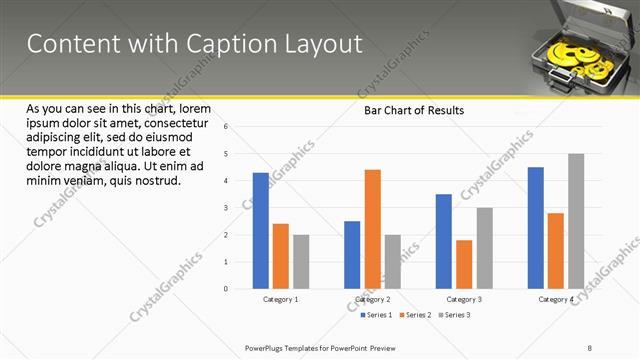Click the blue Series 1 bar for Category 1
pos(261,231)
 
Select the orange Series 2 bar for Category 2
pos(372,229)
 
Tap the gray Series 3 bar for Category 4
pos(576,221)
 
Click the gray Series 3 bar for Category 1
pos(301,262)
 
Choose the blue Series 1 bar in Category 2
pos(352,255)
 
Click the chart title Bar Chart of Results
pos(413,111)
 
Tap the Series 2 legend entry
pos(416,315)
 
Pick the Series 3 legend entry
pos(455,315)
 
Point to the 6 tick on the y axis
pos(227,127)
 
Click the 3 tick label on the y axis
pos(227,208)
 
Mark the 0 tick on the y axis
pos(227,289)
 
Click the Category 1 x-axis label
pos(280,299)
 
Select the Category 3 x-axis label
pos(464,299)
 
